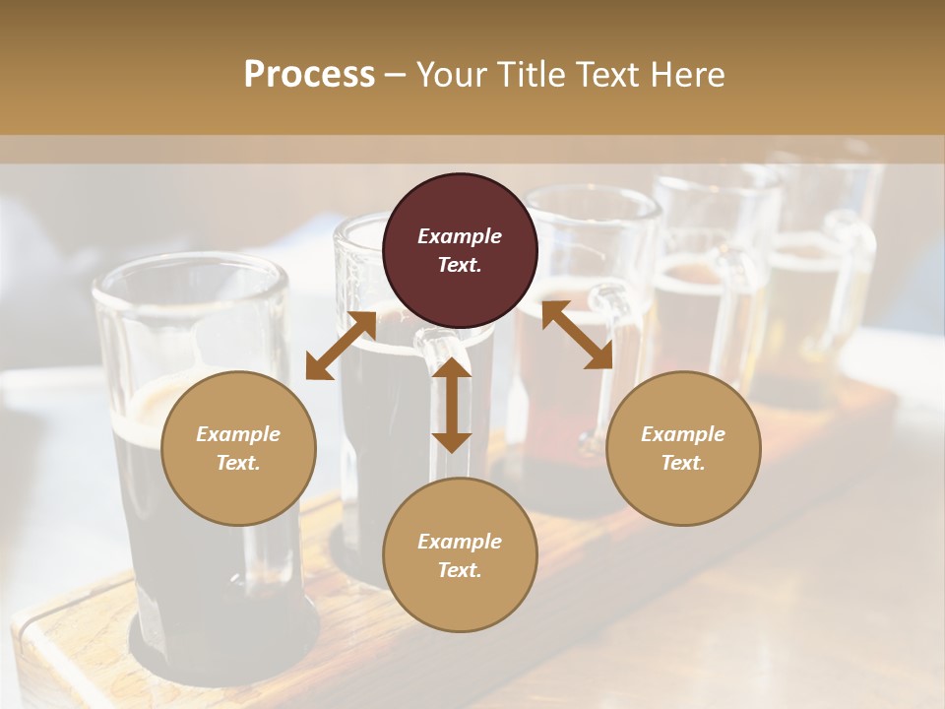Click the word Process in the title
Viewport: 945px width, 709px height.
click(309, 75)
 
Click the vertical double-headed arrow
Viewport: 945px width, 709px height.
click(452, 405)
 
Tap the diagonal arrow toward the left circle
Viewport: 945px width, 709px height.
click(341, 345)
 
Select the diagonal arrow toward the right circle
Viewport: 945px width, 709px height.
click(577, 335)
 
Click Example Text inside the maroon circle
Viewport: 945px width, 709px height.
click(460, 250)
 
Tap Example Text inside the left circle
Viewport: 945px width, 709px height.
click(238, 448)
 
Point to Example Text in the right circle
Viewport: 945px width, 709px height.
click(683, 448)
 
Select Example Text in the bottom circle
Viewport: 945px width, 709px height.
click(460, 555)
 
